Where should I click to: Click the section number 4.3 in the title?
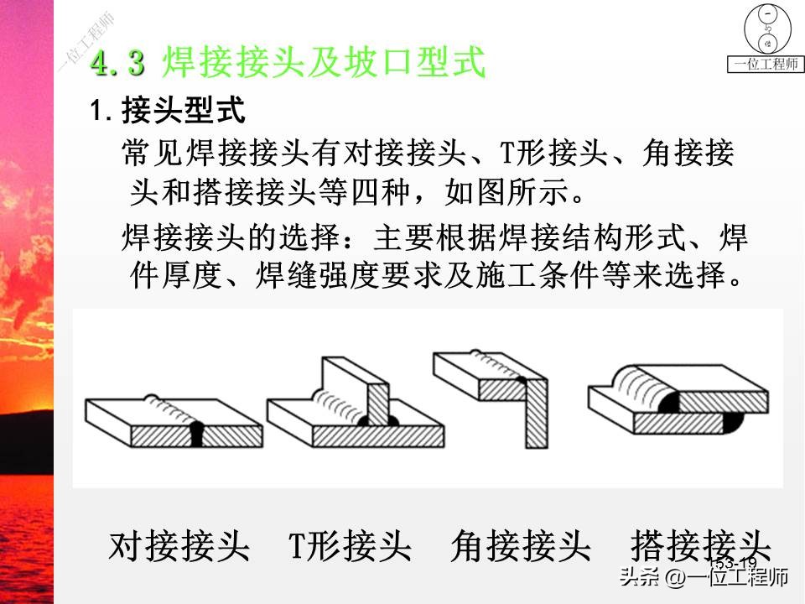point(117,64)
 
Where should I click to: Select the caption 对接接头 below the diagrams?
point(179,546)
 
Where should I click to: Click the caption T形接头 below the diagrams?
point(351,546)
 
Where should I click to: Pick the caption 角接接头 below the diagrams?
point(521,546)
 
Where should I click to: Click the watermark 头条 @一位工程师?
point(703,578)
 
